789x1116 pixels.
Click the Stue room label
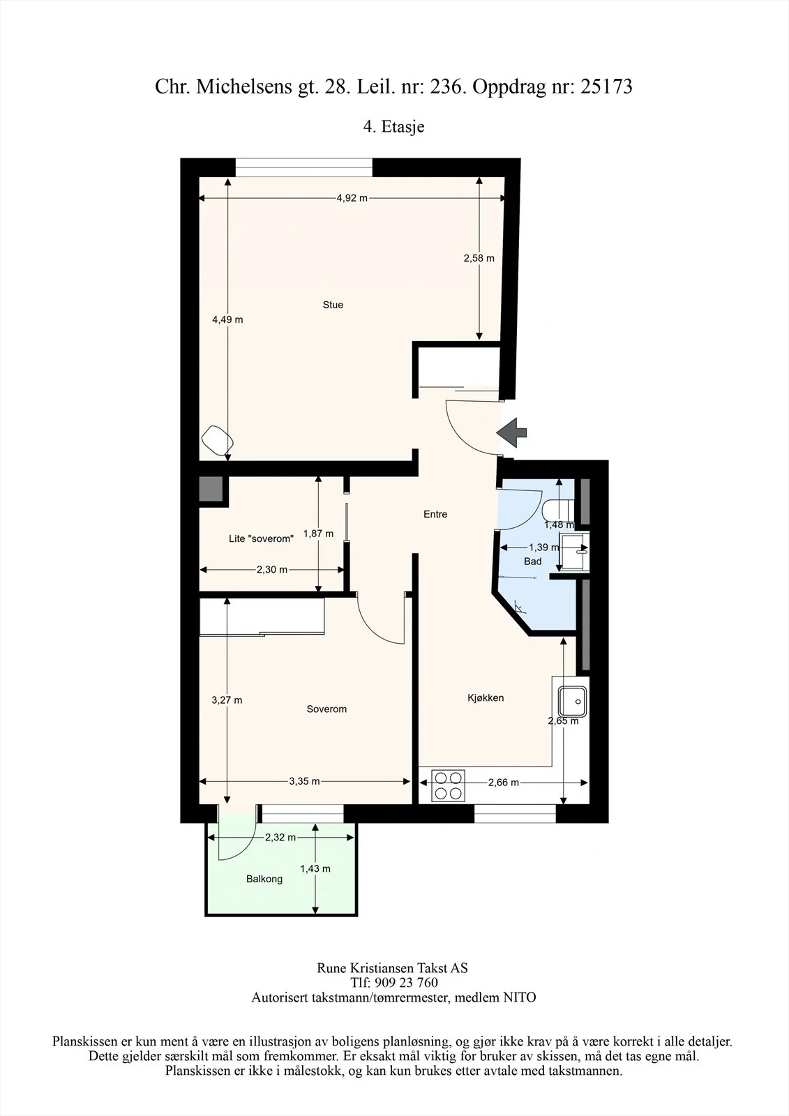click(x=333, y=305)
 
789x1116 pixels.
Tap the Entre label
click(x=435, y=514)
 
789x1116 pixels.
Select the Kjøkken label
click(x=486, y=698)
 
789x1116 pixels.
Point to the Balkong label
click(x=264, y=879)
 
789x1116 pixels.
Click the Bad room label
click(x=532, y=561)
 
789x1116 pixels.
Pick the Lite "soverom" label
click(x=261, y=538)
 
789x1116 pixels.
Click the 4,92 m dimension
click(x=352, y=198)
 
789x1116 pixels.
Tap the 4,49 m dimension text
click(x=228, y=320)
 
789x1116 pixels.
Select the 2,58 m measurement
click(x=479, y=258)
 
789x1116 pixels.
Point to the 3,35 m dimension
click(x=305, y=781)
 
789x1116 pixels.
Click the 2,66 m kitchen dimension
click(x=504, y=783)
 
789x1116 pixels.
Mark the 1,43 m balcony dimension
click(x=315, y=868)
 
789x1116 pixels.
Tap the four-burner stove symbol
click(x=448, y=785)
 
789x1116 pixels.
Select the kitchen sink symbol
click(x=572, y=702)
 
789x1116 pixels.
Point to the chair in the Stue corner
click(x=218, y=440)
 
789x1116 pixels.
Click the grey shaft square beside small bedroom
click(x=211, y=489)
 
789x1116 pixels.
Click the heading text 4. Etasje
click(x=393, y=126)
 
